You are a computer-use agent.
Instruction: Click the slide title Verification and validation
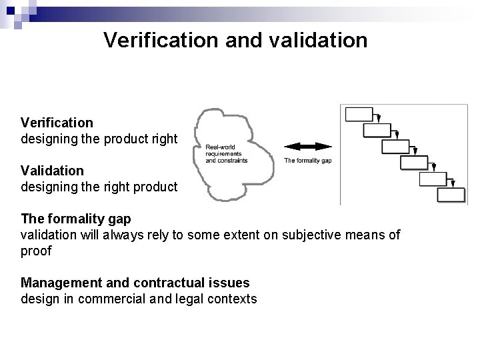235,40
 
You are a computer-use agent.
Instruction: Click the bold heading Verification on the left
57,123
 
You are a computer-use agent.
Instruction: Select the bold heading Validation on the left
52,171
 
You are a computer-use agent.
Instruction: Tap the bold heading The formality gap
76,218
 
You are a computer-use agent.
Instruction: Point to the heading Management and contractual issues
135,283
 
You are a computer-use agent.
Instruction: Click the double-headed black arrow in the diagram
307,147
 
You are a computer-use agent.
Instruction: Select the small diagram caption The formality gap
307,160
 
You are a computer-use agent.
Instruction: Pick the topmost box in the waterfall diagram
359,114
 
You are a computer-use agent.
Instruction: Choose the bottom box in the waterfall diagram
451,194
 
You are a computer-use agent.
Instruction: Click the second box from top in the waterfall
377,130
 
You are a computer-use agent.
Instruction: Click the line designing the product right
99,139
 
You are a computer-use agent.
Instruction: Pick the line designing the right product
99,187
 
